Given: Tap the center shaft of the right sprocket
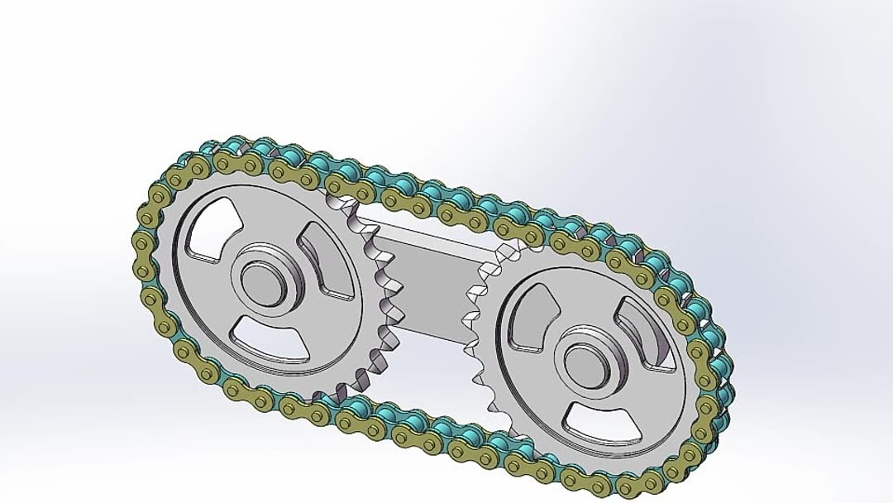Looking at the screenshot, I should pyautogui.click(x=587, y=362).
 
